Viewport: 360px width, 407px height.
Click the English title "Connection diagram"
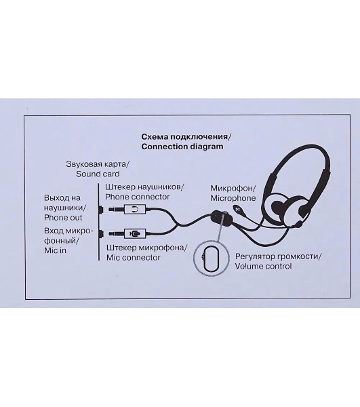pos(182,147)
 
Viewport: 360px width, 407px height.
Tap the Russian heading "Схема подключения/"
pos(186,137)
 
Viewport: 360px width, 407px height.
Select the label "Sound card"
pos(98,174)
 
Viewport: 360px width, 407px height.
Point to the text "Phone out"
pos(63,218)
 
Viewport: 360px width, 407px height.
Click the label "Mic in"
pos(55,250)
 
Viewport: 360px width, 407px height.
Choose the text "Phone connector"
pos(137,197)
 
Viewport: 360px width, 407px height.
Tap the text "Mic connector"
pos(134,258)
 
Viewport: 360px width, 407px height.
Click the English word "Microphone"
pos(233,198)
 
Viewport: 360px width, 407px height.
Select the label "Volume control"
pos(263,267)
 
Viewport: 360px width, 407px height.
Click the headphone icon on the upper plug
pos(135,209)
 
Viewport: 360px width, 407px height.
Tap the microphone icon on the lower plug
pos(136,233)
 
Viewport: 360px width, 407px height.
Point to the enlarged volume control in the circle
pos(211,259)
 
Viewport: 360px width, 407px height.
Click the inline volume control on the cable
pos(222,219)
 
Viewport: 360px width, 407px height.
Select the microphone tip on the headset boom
pos(237,208)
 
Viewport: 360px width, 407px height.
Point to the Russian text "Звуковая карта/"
pos(98,164)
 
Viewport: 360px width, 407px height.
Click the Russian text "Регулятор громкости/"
pos(278,256)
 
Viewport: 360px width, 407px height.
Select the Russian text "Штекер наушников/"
pos(144,187)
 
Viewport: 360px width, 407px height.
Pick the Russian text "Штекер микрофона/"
pos(146,248)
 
